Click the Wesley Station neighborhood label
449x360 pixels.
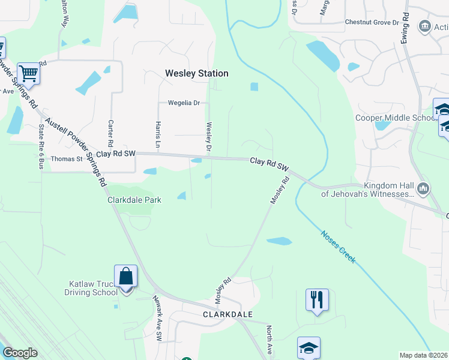[x=197, y=73]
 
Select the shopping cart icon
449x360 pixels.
[x=28, y=74]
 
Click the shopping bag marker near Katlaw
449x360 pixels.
[x=125, y=278]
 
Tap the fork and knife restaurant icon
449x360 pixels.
[x=317, y=299]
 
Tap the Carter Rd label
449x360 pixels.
[x=110, y=133]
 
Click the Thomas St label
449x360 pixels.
[x=67, y=159]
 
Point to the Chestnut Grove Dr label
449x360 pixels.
[x=372, y=22]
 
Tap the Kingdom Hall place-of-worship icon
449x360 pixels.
[x=424, y=190]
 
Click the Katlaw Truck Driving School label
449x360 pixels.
[x=91, y=288]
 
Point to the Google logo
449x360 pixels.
[x=20, y=353]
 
